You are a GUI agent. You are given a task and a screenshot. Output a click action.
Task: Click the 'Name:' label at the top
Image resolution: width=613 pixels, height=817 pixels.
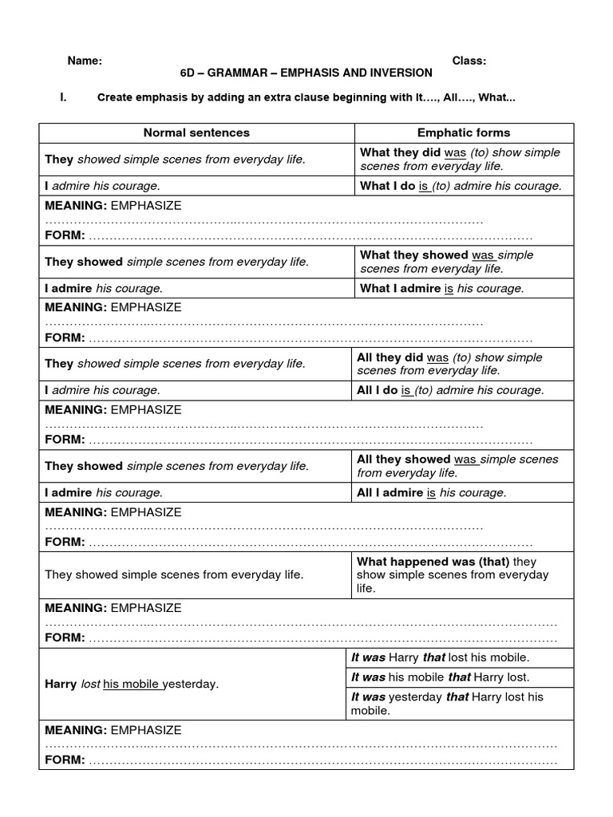(x=84, y=61)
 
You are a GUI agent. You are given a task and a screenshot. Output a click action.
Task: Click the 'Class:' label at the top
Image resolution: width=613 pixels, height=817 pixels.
(x=469, y=61)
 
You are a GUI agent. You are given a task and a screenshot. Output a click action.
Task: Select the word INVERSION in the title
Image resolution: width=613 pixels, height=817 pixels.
(x=401, y=73)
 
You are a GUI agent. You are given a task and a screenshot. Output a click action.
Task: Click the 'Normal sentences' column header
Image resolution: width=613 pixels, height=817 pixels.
(x=196, y=132)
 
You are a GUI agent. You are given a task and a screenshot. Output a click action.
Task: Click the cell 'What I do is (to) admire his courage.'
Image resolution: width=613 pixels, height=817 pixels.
(x=461, y=186)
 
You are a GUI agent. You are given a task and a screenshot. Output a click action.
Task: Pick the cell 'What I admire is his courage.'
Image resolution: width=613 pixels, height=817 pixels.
(x=442, y=289)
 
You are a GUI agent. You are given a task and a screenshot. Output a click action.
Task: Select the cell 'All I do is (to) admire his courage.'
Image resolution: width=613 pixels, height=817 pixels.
(x=450, y=390)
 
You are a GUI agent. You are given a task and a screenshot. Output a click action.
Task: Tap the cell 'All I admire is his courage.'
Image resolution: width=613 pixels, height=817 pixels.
(x=432, y=492)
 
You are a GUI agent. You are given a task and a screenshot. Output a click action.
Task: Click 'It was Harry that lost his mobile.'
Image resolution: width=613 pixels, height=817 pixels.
(x=441, y=657)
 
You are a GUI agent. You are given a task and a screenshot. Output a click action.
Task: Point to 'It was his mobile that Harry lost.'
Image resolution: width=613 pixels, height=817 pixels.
(x=441, y=677)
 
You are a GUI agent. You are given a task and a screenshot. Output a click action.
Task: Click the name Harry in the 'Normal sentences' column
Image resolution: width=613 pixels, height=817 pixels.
(x=61, y=684)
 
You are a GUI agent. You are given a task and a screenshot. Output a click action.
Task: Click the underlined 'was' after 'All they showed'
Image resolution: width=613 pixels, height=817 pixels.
(x=465, y=460)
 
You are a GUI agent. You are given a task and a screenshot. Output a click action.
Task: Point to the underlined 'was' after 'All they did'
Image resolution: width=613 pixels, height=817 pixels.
(x=437, y=357)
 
